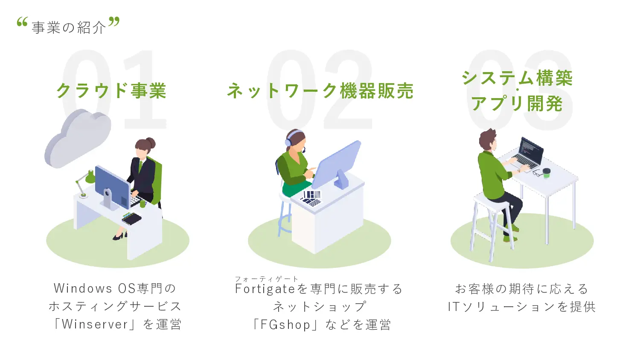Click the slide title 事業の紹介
tap(69, 28)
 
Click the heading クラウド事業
tap(111, 91)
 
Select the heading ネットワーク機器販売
tap(320, 91)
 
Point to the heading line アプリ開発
tap(517, 104)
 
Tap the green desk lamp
tap(90, 176)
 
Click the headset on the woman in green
tap(291, 137)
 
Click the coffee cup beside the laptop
tap(547, 172)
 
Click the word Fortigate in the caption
tap(265, 289)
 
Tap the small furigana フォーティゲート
tap(266, 279)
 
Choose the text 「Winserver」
tap(95, 324)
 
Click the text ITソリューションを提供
tap(521, 307)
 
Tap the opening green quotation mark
tap(22, 22)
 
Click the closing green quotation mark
tap(114, 22)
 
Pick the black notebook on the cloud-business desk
tap(131, 219)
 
